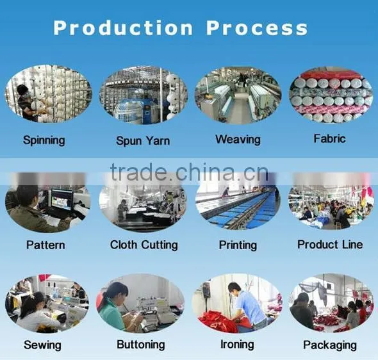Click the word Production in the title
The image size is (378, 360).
coord(123,28)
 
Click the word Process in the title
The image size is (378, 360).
coord(257,28)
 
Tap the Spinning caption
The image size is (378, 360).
coord(44,140)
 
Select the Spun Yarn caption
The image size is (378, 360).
coord(143,141)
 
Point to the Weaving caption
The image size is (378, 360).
coord(238,140)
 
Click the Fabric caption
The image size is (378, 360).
coord(329,138)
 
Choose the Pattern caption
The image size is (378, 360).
coord(45,245)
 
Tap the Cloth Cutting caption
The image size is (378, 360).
coord(144,245)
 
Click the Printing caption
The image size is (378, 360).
coord(238,245)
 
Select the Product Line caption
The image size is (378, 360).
coord(330,245)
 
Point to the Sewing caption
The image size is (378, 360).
coord(42,345)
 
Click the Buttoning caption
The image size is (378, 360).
coord(141,345)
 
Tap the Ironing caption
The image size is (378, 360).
coord(237,345)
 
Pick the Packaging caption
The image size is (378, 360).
coord(330,345)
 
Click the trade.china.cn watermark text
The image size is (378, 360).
coord(190,172)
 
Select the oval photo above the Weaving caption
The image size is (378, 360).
coord(238,95)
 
